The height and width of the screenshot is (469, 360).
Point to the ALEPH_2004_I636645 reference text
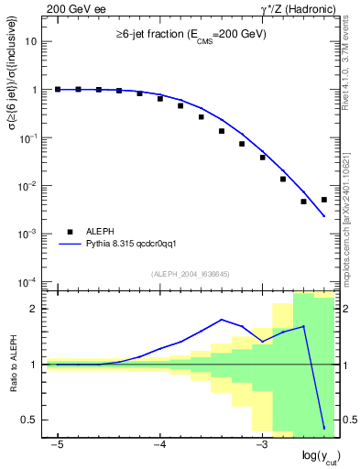pos(191,274)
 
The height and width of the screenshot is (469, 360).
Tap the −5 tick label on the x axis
pos(57,444)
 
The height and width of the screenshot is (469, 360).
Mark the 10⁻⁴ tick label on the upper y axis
pos(30,281)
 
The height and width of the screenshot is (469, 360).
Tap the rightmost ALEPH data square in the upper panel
pos(324,200)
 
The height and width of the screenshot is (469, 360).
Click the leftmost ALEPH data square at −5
pos(58,90)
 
